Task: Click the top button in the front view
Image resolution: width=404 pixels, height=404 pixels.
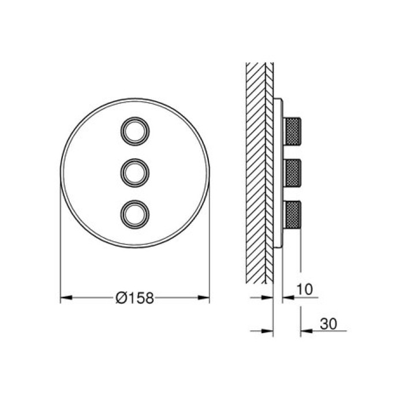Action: [x=135, y=131]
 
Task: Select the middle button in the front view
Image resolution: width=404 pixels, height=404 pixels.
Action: [x=135, y=173]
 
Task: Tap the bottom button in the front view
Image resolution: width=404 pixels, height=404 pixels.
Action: [x=135, y=214]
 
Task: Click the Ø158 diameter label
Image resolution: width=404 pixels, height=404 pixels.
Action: [x=134, y=298]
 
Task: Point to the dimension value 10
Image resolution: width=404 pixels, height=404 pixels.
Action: [x=305, y=289]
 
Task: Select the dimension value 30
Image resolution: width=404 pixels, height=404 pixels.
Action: [x=328, y=324]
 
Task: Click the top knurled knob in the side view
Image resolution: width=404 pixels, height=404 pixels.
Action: [x=292, y=131]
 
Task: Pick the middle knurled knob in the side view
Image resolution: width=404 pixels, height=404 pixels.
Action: [x=292, y=173]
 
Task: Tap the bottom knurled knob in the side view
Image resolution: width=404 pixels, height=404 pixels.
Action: [x=292, y=214]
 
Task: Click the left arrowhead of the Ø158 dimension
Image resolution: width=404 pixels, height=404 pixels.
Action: [x=66, y=298]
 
